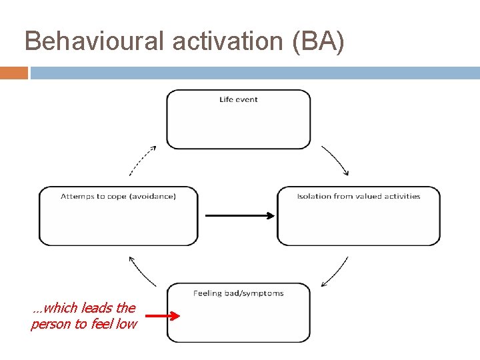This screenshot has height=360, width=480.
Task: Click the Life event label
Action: [238, 100]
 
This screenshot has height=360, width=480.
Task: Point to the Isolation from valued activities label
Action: [359, 196]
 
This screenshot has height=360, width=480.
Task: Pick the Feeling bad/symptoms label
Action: [238, 293]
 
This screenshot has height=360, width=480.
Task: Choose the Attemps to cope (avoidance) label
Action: [118, 196]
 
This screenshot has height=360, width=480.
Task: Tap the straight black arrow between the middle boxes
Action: [239, 215]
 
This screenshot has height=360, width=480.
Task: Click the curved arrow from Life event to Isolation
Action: [336, 159]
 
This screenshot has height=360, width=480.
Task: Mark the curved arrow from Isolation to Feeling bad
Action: [335, 272]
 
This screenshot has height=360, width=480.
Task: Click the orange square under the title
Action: [13, 73]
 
